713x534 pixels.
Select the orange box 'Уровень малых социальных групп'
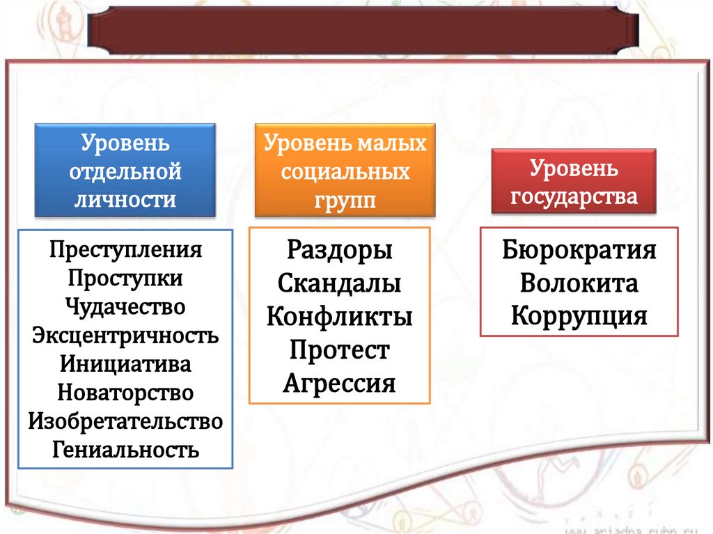pyautogui.click(x=345, y=170)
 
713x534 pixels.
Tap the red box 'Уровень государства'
pyautogui.click(x=574, y=182)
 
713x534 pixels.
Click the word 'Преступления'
pyautogui.click(x=126, y=249)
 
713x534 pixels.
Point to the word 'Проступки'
pyautogui.click(x=126, y=278)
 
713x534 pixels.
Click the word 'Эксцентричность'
pyautogui.click(x=126, y=336)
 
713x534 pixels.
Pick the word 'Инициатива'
pyautogui.click(x=126, y=364)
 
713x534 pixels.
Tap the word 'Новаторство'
pyautogui.click(x=126, y=393)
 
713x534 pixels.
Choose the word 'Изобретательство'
pyautogui.click(x=126, y=421)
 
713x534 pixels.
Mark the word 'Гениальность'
pyautogui.click(x=126, y=450)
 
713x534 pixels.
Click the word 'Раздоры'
pyautogui.click(x=340, y=250)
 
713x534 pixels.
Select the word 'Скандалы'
pyautogui.click(x=340, y=283)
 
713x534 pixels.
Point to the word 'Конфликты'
pyautogui.click(x=340, y=317)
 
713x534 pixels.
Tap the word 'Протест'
pyautogui.click(x=340, y=350)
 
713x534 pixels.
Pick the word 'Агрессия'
pyautogui.click(x=340, y=384)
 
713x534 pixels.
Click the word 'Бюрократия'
pyautogui.click(x=579, y=250)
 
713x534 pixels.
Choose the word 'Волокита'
pyautogui.click(x=579, y=283)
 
